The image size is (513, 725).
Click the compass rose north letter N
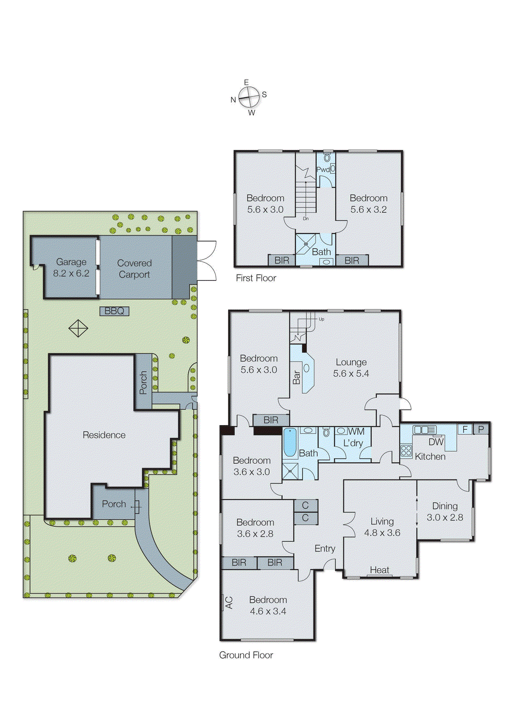coord(233,100)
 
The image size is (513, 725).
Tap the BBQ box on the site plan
coord(115,311)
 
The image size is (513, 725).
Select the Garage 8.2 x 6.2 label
coord(71,267)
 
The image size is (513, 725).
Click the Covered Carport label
coord(134,269)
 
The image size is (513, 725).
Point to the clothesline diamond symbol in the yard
coord(78,328)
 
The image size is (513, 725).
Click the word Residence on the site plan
coord(104,435)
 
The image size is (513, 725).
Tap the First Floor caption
coord(256,278)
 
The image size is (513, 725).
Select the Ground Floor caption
coord(246,655)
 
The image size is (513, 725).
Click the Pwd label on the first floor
coord(323,169)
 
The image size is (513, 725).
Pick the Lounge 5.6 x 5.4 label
coord(351,367)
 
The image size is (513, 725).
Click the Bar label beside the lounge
coord(297,377)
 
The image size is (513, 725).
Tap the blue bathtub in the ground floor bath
coord(290,442)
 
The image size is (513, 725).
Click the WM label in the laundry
coord(356,432)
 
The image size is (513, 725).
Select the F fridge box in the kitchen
coord(465,429)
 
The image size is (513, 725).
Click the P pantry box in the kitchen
coord(481,429)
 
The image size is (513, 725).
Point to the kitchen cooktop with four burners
coord(406,450)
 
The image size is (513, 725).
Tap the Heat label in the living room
coord(379,570)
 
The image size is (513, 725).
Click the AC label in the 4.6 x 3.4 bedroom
coord(229,603)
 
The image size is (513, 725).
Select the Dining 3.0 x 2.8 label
coord(445,512)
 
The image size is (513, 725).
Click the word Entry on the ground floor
coord(325,549)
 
